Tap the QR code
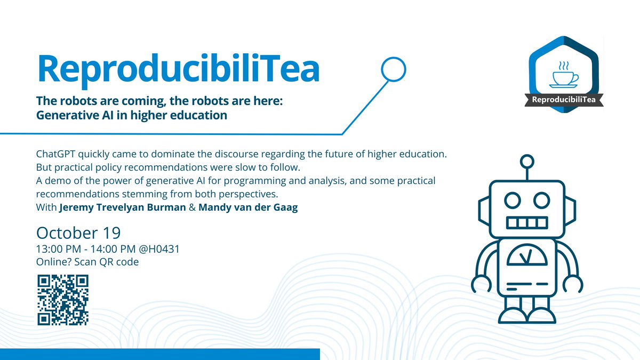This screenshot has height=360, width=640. point(62,299)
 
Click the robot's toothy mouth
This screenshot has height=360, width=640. point(526,222)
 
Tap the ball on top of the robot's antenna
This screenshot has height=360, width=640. point(527,161)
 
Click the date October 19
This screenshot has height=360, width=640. point(78,233)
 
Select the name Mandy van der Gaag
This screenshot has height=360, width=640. point(248,207)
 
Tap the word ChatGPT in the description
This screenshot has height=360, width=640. point(57,154)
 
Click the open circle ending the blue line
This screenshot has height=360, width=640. point(394,68)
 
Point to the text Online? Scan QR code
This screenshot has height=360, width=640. point(87,262)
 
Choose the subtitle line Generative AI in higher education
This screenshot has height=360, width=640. point(132,115)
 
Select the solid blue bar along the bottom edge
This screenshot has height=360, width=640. point(159,354)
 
